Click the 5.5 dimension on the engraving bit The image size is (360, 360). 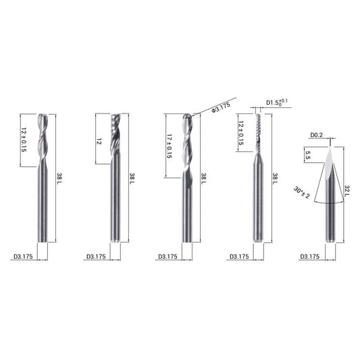click(308, 155)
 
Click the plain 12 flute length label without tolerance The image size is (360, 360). click(99, 141)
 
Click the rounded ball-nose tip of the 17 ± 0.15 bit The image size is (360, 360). click(187, 117)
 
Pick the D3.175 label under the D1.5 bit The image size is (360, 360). click(239, 257)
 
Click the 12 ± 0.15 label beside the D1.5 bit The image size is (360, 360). click(240, 133)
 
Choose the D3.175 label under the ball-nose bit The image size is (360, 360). click(168, 257)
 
